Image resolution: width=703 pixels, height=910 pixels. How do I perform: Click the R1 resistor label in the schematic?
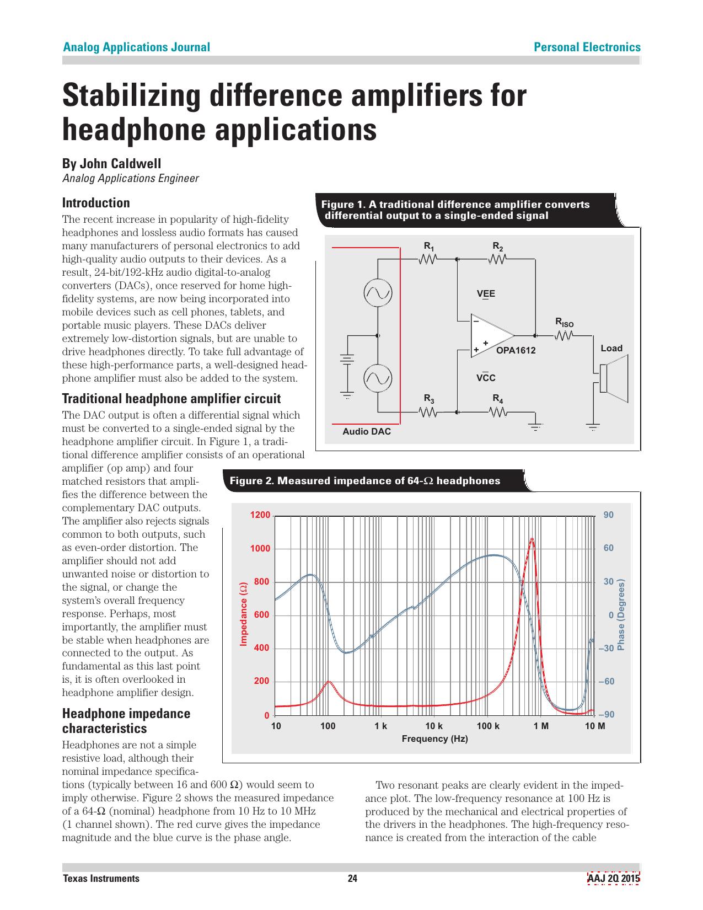[x=428, y=246]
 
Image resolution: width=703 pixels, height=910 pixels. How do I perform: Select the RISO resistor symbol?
[x=565, y=335]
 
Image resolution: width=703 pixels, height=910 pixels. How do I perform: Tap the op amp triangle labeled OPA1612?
[x=490, y=335]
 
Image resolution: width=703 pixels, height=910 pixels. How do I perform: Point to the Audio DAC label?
[x=366, y=431]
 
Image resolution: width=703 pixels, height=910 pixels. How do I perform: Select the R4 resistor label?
[x=498, y=398]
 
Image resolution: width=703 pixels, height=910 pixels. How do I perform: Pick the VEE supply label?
[x=486, y=293]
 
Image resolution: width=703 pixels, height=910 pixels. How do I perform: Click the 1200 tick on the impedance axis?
[x=260, y=515]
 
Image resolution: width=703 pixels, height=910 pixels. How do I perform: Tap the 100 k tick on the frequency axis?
[x=487, y=726]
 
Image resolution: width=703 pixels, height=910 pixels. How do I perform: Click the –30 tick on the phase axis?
[x=607, y=648]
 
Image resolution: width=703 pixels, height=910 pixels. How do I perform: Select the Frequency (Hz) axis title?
[x=434, y=738]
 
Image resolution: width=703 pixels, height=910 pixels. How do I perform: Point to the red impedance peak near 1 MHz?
[x=532, y=540]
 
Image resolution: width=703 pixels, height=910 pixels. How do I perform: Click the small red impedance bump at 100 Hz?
[x=329, y=682]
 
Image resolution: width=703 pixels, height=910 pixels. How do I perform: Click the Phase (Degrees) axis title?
[x=621, y=614]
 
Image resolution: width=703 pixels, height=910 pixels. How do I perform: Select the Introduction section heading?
[x=96, y=202]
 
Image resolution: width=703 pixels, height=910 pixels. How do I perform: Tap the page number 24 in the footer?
[x=352, y=879]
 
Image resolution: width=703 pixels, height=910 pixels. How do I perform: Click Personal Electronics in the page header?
[x=587, y=47]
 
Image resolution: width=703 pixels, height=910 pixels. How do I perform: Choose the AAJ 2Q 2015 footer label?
[x=613, y=879]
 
